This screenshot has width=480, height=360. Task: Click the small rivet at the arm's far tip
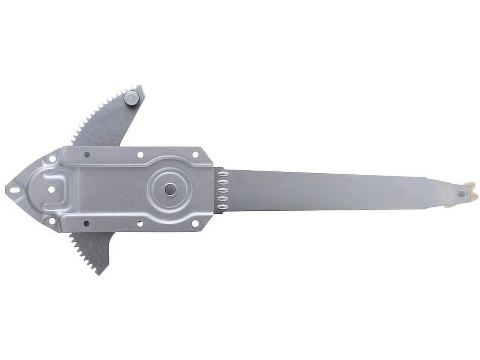click(x=461, y=194)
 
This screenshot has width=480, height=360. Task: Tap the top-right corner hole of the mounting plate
click(x=195, y=154)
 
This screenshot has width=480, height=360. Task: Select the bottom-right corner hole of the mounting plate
click(x=195, y=223)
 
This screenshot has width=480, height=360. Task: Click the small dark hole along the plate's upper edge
click(x=87, y=154)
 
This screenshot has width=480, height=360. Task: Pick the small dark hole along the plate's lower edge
click(x=86, y=223)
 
